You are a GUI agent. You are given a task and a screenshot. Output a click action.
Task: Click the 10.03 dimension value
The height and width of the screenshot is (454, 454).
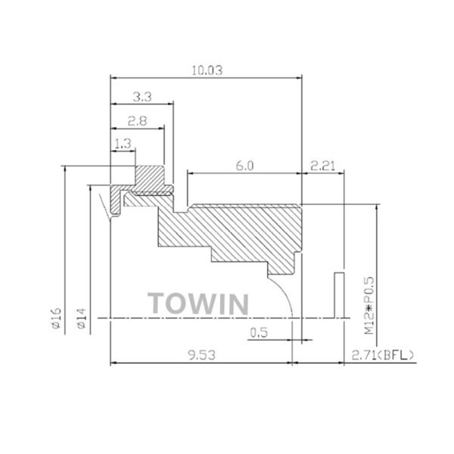207,70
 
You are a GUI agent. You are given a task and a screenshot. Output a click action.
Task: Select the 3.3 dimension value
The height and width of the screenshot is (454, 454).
141,96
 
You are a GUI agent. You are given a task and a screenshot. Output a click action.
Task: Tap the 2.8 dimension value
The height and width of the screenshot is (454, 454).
137,121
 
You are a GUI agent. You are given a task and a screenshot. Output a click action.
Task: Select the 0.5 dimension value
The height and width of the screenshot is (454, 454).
259,332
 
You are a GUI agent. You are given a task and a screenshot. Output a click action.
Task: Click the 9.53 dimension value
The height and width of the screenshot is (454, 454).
201,354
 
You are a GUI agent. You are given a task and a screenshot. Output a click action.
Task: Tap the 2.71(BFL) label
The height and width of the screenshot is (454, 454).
383,354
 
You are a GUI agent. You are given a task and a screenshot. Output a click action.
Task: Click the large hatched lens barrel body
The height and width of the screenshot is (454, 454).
242,231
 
